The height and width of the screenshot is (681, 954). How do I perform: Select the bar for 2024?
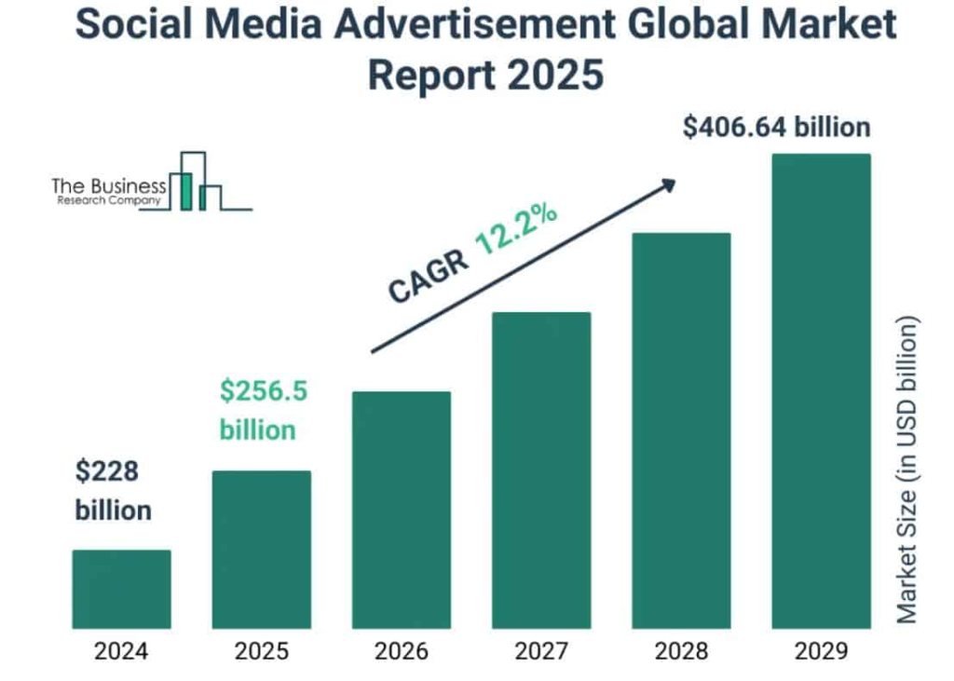point(121,589)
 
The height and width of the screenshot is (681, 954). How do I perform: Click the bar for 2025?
point(262,550)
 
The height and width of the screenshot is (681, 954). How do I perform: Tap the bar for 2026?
point(402,510)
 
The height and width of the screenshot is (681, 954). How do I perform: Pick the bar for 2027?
point(541,470)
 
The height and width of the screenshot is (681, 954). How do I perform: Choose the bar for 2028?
point(681,430)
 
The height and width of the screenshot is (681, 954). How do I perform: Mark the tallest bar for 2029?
point(821,391)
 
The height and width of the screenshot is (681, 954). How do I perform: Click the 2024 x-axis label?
point(121,651)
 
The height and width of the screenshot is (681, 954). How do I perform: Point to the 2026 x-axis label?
point(402,651)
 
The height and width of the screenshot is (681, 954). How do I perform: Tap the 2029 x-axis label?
point(821,651)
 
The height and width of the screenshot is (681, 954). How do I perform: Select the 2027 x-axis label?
point(541,651)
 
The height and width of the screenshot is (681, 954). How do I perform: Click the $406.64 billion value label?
point(776,127)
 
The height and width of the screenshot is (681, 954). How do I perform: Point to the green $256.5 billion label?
point(263,411)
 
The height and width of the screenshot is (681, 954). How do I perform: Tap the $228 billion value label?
point(113,491)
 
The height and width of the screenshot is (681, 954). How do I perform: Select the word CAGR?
point(428,277)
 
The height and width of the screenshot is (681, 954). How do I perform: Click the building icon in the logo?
point(196,183)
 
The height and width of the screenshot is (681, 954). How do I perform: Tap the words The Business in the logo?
point(109,185)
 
